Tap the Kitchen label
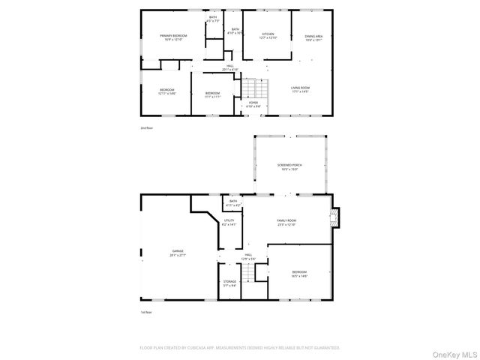point(268,35)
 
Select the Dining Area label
point(313,37)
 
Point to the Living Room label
point(300,89)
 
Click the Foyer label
point(253,104)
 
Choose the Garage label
point(177,253)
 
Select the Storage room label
point(229,283)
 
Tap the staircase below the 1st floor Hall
point(249,274)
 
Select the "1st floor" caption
point(145,312)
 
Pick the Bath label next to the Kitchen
point(235,31)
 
